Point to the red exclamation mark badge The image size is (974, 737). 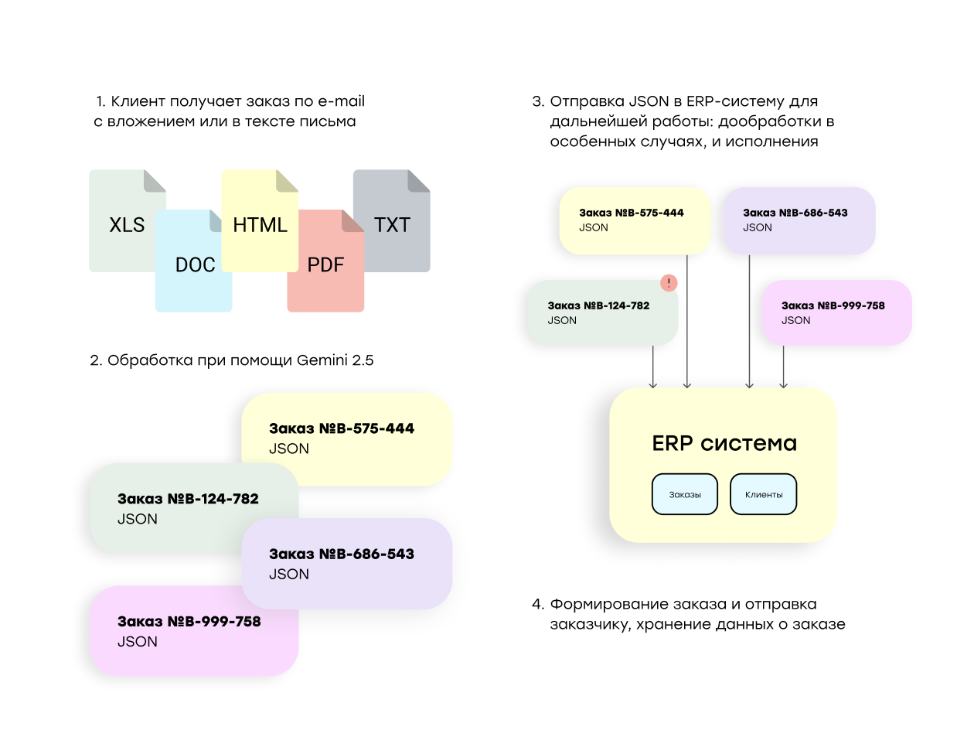pos(669,283)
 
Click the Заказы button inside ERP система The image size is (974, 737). pos(685,494)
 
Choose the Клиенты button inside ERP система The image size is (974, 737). pos(763,494)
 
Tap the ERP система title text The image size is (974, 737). pos(724,443)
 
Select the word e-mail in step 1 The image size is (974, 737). pos(341,101)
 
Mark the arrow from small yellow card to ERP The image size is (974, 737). pos(687,325)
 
